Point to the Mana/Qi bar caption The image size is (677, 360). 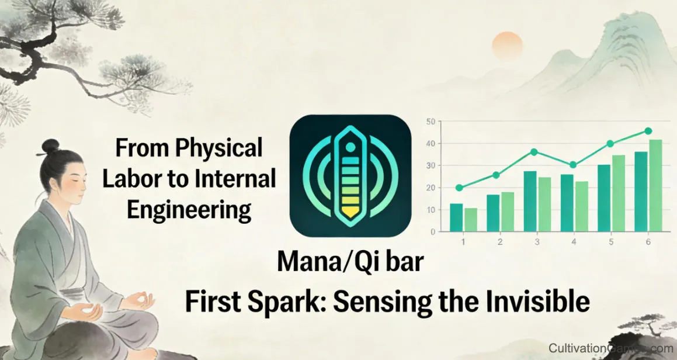point(350,261)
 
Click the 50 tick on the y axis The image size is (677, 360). point(431,122)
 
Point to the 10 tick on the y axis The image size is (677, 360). point(431,210)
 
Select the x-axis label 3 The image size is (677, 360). point(537,241)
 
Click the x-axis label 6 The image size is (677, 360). point(648,241)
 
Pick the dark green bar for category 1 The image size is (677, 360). point(456,217)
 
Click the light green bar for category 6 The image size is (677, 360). point(655,185)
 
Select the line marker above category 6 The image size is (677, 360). point(648,131)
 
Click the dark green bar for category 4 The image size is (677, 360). point(567,202)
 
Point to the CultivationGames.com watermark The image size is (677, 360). point(610,348)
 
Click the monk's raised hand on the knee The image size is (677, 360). point(141,302)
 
